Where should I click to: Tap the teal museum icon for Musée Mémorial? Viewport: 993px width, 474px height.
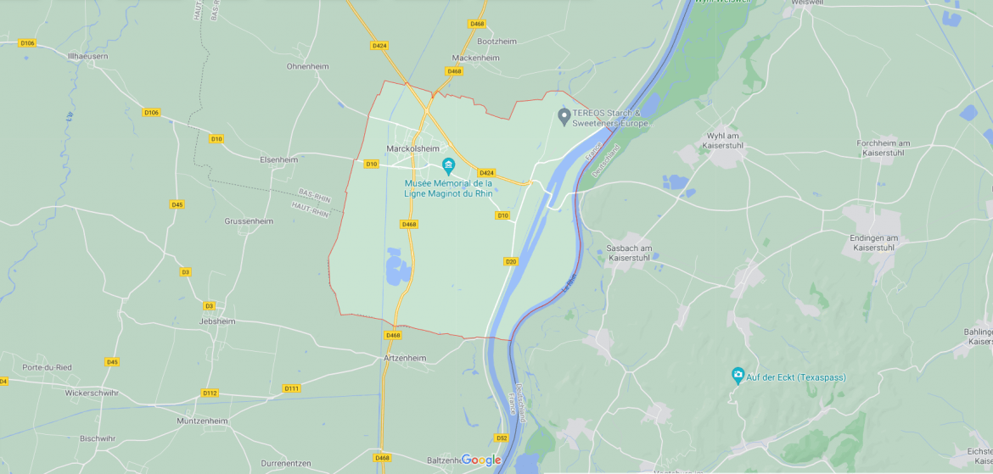pos(448,165)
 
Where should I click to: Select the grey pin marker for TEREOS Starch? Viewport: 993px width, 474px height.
pos(564,114)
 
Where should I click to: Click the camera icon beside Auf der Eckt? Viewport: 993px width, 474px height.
pos(738,375)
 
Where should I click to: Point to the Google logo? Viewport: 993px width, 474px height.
pos(481,460)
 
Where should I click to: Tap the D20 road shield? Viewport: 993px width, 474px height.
pos(511,261)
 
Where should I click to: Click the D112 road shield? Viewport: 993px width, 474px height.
pos(210,393)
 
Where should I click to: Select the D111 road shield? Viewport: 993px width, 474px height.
pos(291,388)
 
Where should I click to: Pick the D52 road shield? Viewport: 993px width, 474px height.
pos(501,438)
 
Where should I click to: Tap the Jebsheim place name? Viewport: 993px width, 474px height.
pos(216,322)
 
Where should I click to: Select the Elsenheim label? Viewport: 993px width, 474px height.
pos(278,159)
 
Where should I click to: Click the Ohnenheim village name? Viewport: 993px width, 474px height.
pos(307,66)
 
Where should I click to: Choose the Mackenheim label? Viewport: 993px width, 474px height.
pos(475,58)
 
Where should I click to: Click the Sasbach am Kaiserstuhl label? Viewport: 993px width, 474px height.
pos(628,253)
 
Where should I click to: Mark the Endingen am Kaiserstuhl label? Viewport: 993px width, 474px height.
pos(873,243)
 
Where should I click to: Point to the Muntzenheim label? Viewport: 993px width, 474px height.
pos(202,421)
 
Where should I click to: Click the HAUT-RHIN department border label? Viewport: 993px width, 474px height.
pos(310,209)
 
